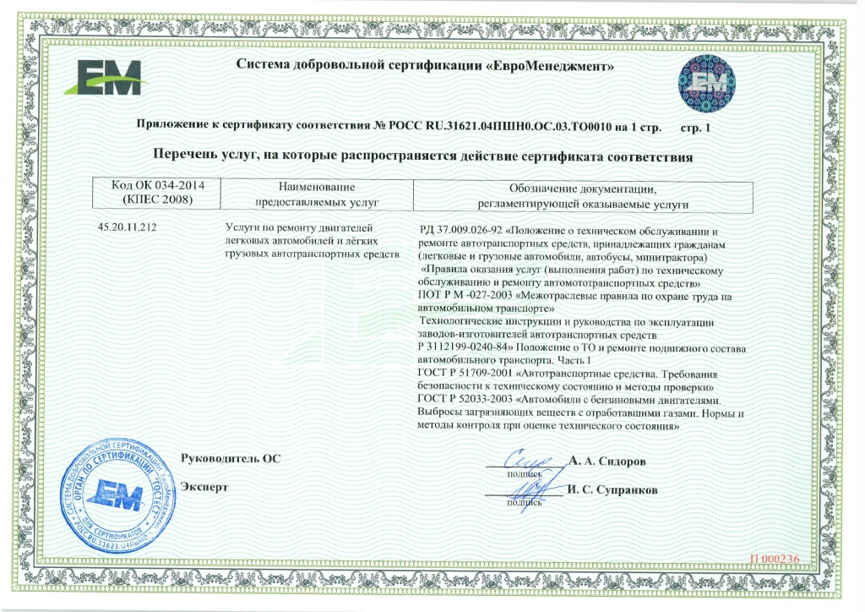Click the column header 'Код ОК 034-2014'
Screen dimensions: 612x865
(152, 185)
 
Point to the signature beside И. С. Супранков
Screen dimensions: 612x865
(525, 489)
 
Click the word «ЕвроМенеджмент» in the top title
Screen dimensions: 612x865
(551, 65)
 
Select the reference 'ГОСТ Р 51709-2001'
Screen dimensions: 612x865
(465, 373)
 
